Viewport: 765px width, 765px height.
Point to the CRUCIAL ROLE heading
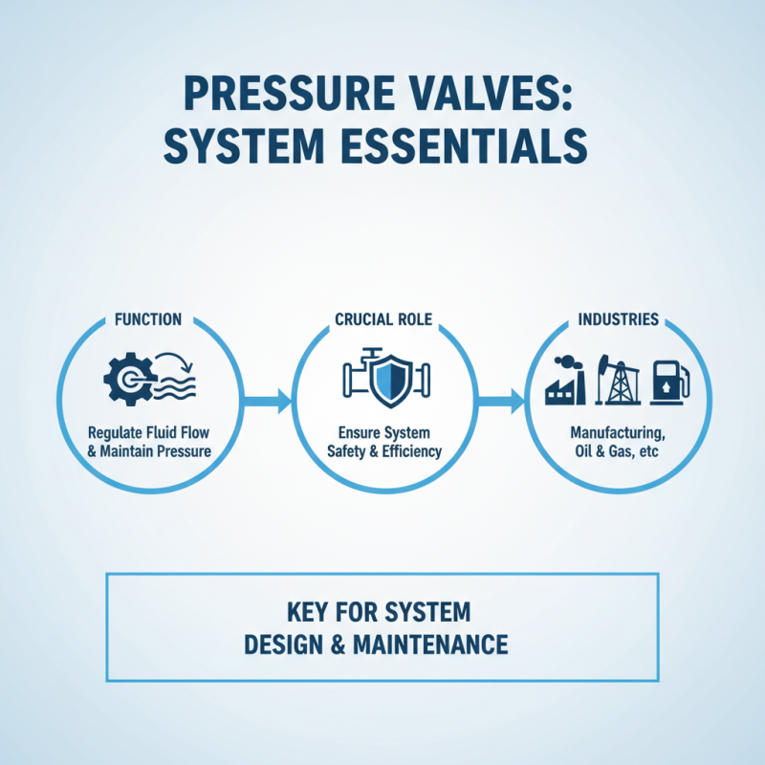click(x=383, y=318)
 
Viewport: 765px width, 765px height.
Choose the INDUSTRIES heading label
click(x=618, y=318)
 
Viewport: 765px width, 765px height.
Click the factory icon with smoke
click(x=566, y=382)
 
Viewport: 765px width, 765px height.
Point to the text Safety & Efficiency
click(x=382, y=450)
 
